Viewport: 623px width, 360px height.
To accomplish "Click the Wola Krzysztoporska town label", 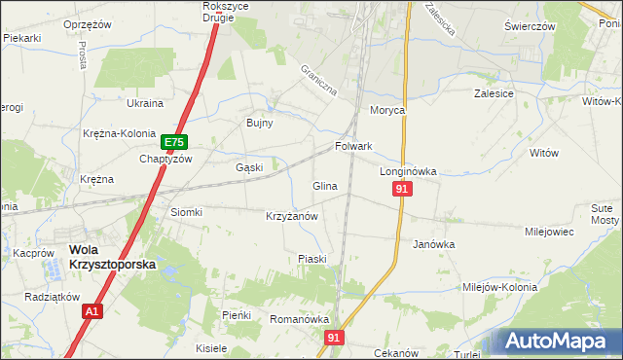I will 112,257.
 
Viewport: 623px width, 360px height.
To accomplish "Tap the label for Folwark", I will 354,147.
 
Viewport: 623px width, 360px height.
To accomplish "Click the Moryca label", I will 386,110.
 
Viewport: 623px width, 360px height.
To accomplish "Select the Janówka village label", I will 434,245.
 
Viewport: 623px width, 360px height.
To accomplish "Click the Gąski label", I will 250,167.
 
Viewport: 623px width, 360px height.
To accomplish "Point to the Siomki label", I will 186,212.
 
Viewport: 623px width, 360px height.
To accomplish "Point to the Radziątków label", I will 53,298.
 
